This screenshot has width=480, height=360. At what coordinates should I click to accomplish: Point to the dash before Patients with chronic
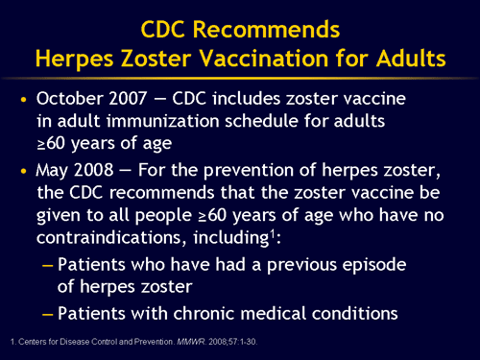coord(45,312)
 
